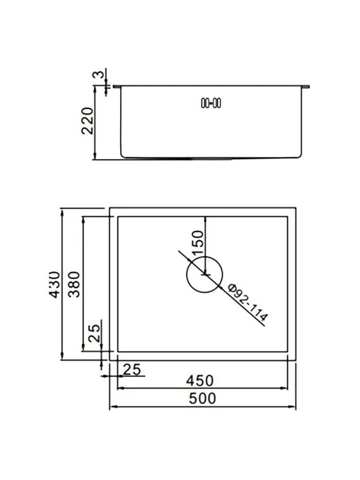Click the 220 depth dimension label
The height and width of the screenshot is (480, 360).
click(x=87, y=121)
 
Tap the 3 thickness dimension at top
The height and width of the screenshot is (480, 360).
click(x=98, y=75)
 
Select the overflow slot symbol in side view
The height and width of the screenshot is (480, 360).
click(x=211, y=103)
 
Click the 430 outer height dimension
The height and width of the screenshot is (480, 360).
click(x=54, y=285)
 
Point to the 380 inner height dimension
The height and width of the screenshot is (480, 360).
click(x=74, y=285)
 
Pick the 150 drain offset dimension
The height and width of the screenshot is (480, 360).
click(x=197, y=243)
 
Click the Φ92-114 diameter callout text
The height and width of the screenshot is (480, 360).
click(x=248, y=303)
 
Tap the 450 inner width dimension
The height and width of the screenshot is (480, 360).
click(x=200, y=381)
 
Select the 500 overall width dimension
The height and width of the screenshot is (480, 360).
click(x=202, y=398)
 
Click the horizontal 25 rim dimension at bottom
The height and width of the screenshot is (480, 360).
click(x=132, y=370)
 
